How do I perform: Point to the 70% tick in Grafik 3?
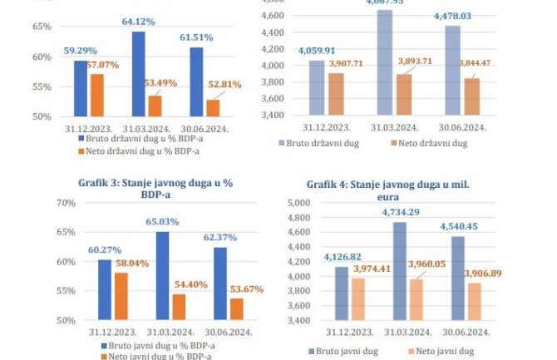click(x=42, y=203)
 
